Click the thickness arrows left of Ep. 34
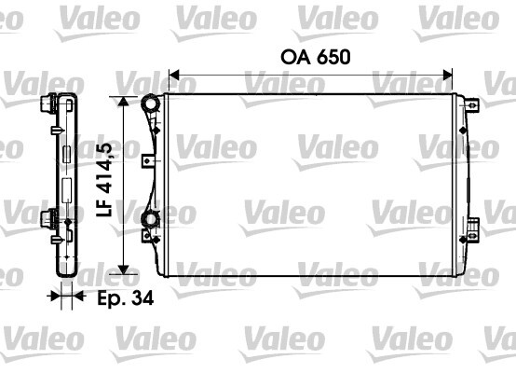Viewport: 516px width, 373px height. [63, 298]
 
